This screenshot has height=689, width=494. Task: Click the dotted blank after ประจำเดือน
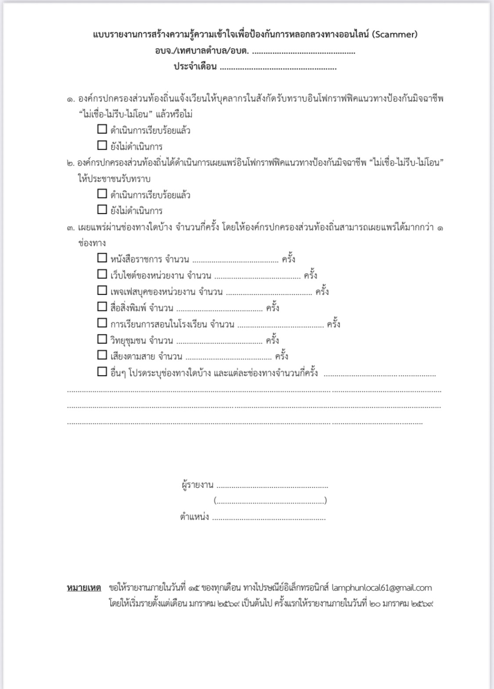[x=278, y=68]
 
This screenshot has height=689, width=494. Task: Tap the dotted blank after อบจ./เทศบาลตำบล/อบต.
[x=303, y=51]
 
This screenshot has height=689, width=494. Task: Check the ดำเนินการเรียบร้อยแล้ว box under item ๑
[x=102, y=130]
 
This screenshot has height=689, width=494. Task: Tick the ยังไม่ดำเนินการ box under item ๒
[x=102, y=210]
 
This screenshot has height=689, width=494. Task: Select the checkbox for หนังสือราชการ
[x=102, y=258]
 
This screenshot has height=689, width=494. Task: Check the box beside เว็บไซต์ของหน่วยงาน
[x=102, y=274]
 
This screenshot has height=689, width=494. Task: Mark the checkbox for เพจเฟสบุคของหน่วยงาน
[x=102, y=291]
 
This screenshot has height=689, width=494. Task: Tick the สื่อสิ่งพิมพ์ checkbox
[x=102, y=307]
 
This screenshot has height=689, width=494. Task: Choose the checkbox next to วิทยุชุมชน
[x=102, y=339]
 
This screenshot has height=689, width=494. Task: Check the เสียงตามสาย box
[x=102, y=356]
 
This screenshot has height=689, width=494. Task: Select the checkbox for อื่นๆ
[x=102, y=372]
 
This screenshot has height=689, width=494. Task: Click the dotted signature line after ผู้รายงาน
[x=272, y=486]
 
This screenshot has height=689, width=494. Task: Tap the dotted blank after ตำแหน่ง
[x=269, y=518]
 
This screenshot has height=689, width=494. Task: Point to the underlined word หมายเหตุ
[x=84, y=588]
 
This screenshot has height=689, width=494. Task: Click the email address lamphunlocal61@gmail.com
[x=382, y=588]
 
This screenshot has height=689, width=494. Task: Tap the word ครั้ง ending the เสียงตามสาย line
[x=281, y=356]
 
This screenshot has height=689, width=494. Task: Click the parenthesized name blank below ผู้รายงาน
[x=270, y=501]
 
